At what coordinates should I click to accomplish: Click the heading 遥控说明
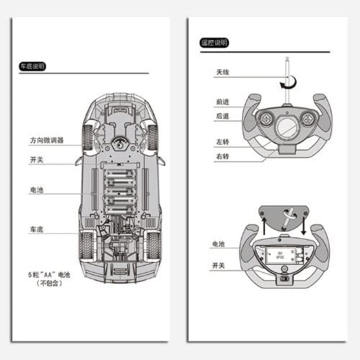[x=214, y=43]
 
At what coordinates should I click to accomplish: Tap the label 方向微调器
[x=46, y=140]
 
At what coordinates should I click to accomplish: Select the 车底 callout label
[x=36, y=229]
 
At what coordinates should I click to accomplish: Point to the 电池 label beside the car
[x=36, y=190]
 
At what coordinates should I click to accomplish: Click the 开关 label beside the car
[x=36, y=160]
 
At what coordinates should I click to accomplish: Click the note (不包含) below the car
[x=50, y=284]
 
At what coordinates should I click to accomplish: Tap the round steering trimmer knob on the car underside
[x=120, y=144]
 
